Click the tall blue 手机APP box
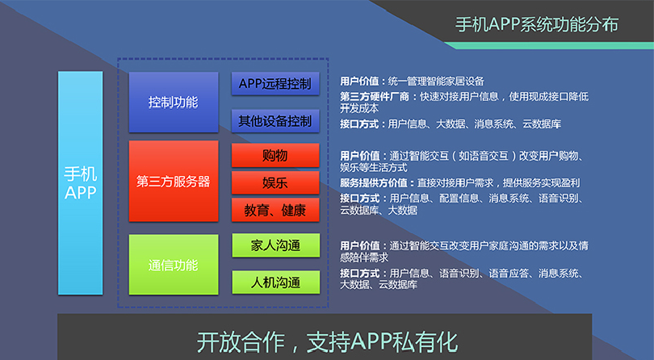80,183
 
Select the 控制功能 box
173,103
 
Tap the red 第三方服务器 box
173,181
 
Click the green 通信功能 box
173,265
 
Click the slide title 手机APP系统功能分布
537,24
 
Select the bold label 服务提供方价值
376,182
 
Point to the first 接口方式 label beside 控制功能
361,124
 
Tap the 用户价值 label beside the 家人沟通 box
361,245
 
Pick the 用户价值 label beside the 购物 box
361,155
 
